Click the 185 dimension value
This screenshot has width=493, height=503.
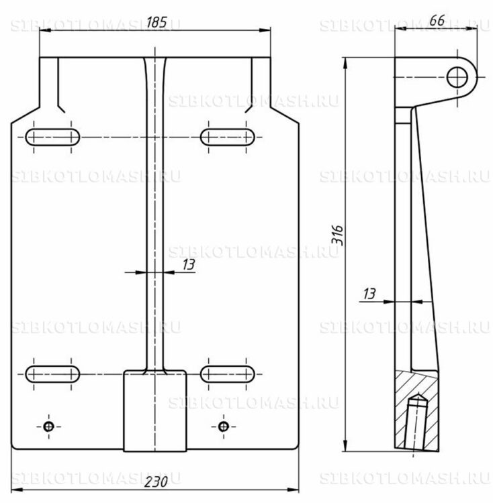pyautogui.click(x=156, y=22)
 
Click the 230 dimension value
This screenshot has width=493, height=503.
pyautogui.click(x=156, y=482)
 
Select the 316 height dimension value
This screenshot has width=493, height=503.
pyautogui.click(x=337, y=235)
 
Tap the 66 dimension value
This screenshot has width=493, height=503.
pyautogui.click(x=437, y=21)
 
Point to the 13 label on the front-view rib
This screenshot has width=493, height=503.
pyautogui.click(x=189, y=265)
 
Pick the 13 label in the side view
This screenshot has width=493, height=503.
pyautogui.click(x=369, y=294)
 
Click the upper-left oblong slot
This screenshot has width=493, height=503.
pyautogui.click(x=52, y=137)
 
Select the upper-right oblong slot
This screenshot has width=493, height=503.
pyautogui.click(x=228, y=137)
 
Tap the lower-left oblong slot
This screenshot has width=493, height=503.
pyautogui.click(x=52, y=374)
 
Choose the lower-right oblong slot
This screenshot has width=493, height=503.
pyautogui.click(x=228, y=374)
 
